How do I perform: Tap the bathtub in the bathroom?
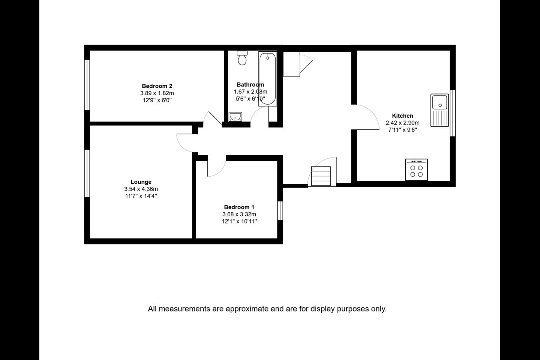pyautogui.click(x=268, y=79)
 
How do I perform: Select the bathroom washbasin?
pyautogui.click(x=235, y=117)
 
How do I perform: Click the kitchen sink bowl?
pyautogui.click(x=439, y=102)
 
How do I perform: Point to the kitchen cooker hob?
pyautogui.click(x=417, y=169)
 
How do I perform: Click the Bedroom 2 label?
pyautogui.click(x=157, y=86)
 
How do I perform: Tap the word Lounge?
pyautogui.click(x=141, y=182)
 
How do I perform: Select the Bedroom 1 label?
pyautogui.click(x=239, y=207)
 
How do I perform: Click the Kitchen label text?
pyautogui.click(x=403, y=116)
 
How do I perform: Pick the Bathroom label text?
pyautogui.click(x=250, y=85)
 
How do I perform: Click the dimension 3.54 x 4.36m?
pyautogui.click(x=141, y=189)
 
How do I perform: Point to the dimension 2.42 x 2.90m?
pyautogui.click(x=403, y=123)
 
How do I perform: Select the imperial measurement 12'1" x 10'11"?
pyautogui.click(x=239, y=221)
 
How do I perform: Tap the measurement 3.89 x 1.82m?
pyautogui.click(x=157, y=93)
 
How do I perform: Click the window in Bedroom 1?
pyautogui.click(x=280, y=210)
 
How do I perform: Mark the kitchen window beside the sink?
pyautogui.click(x=453, y=113)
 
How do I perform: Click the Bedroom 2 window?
pyautogui.click(x=87, y=85)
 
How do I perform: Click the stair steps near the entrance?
pyautogui.click(x=321, y=176)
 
